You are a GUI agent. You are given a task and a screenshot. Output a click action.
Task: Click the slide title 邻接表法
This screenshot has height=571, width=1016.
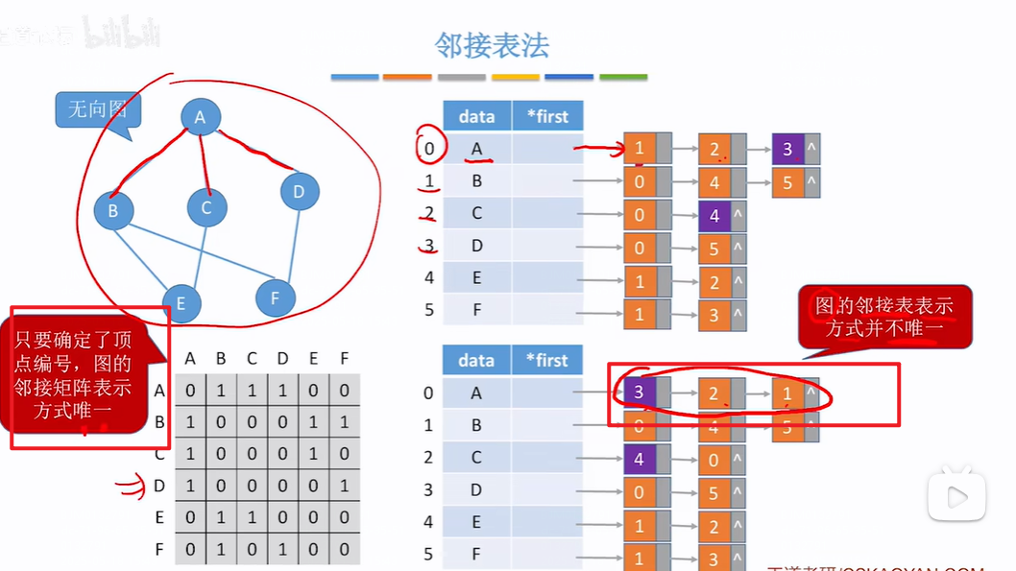492,45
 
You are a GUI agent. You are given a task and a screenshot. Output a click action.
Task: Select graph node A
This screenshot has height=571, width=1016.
200,117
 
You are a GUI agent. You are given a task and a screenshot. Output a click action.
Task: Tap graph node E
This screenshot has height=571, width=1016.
181,304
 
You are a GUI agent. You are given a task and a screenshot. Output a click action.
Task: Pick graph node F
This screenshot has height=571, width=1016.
276,297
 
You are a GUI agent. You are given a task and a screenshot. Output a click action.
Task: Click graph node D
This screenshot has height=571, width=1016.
299,192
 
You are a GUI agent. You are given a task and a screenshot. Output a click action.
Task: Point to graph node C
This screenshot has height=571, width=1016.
206,207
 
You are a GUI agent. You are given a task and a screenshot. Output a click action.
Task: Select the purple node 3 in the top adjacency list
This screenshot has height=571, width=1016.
787,149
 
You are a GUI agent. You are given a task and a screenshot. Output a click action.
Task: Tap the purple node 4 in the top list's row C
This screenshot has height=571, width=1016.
714,216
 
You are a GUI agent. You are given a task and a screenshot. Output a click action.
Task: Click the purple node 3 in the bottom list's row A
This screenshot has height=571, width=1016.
639,392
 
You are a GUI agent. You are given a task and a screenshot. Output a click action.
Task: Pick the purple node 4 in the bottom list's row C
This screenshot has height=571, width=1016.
639,459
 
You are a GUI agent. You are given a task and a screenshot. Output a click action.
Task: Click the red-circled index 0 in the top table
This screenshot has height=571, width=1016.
430,149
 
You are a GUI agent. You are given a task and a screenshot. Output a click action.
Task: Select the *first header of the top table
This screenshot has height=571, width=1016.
547,116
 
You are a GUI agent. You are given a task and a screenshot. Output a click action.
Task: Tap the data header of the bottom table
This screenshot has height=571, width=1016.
476,360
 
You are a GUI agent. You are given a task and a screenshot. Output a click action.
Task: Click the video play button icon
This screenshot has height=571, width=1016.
956,496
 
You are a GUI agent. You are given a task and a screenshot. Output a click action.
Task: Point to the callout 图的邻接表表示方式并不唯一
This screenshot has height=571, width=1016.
885,317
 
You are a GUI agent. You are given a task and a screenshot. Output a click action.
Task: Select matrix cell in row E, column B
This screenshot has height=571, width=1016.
221,518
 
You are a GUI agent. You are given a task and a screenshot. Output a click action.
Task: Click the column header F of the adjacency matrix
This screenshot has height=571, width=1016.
344,359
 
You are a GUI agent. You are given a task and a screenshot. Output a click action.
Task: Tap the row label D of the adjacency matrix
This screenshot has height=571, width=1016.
159,487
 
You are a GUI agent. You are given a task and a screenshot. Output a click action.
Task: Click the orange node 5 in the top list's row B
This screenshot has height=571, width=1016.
787,180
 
